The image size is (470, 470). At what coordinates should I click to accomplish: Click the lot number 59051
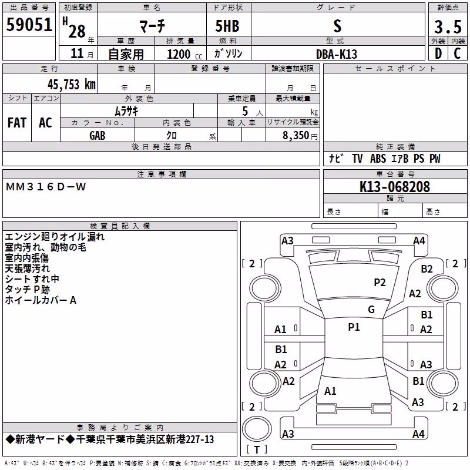tap(29, 25)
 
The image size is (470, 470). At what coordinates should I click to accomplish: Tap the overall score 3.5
tap(448, 27)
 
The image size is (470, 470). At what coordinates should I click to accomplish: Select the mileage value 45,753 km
tap(72, 85)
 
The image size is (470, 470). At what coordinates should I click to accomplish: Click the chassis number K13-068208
tap(395, 187)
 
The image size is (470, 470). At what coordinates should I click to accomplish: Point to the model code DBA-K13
tap(337, 54)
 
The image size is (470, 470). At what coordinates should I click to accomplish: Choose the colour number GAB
tap(98, 136)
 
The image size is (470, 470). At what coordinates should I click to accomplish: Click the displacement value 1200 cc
tap(184, 54)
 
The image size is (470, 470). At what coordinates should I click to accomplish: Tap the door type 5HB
tap(227, 26)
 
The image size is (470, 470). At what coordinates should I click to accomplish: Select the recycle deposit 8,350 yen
tap(300, 136)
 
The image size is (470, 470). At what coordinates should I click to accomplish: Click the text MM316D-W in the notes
tap(46, 187)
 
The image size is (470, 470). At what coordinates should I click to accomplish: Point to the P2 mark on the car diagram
tap(380, 283)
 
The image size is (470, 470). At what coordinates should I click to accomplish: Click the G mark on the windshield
tap(371, 310)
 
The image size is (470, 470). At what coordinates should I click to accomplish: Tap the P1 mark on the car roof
tap(354, 327)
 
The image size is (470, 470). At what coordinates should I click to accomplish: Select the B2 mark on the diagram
tap(427, 269)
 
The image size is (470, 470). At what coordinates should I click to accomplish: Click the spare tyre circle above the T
tap(257, 429)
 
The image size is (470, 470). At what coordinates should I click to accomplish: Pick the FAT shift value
tap(17, 123)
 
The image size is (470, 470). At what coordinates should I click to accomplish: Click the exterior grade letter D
tap(438, 53)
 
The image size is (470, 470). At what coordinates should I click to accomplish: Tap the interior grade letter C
tap(457, 53)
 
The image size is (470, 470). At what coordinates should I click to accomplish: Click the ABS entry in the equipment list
tap(378, 159)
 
